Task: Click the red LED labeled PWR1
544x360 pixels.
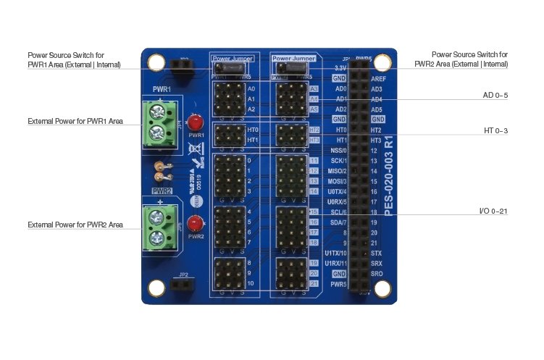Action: [x=194, y=122]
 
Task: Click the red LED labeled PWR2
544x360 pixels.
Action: [x=194, y=224]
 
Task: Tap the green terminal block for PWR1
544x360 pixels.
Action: [x=157, y=123]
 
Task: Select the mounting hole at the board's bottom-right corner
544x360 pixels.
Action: [x=385, y=288]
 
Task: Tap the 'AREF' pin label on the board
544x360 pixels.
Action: [x=377, y=78]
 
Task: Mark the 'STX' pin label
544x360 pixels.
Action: [x=376, y=253]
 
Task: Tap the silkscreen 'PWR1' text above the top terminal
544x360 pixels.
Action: [x=161, y=88]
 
